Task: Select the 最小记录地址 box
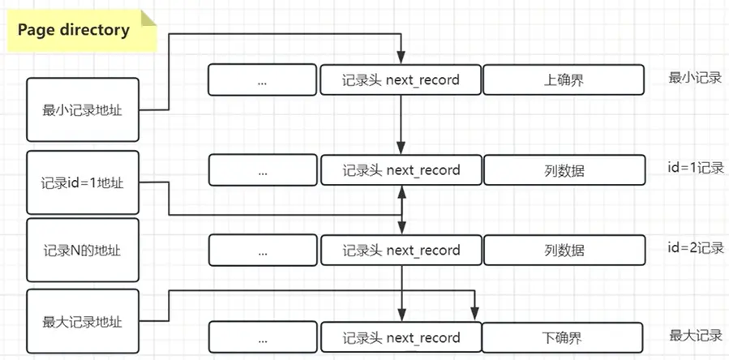point(82,110)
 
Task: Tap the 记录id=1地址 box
point(82,182)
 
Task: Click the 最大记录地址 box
point(82,321)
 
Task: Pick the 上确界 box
point(563,80)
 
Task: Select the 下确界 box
point(563,337)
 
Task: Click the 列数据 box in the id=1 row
point(563,170)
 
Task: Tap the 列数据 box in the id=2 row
point(563,251)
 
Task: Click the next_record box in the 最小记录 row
point(401,80)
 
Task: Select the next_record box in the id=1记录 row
point(401,170)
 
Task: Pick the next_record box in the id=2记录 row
point(401,251)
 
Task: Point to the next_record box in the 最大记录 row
point(401,337)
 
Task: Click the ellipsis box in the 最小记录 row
point(263,80)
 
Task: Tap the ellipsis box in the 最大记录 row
point(263,337)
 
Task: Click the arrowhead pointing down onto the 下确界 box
point(475,315)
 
